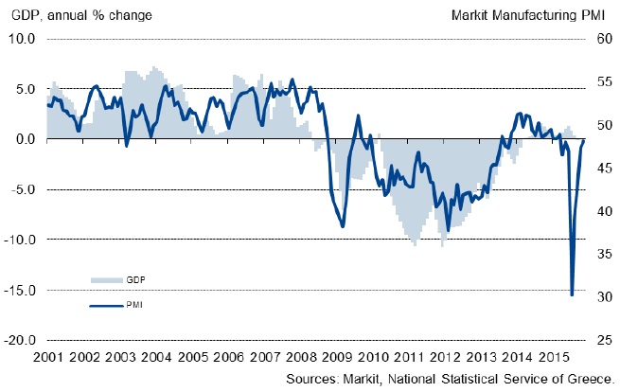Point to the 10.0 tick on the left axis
pyautogui.click(x=22, y=39)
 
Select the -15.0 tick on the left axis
pyautogui.click(x=20, y=290)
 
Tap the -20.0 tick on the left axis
pyautogui.click(x=20, y=340)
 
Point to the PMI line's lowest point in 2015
pyautogui.click(x=572, y=294)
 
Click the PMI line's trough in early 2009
pyautogui.click(x=343, y=226)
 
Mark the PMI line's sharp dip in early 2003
pyautogui.click(x=127, y=146)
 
